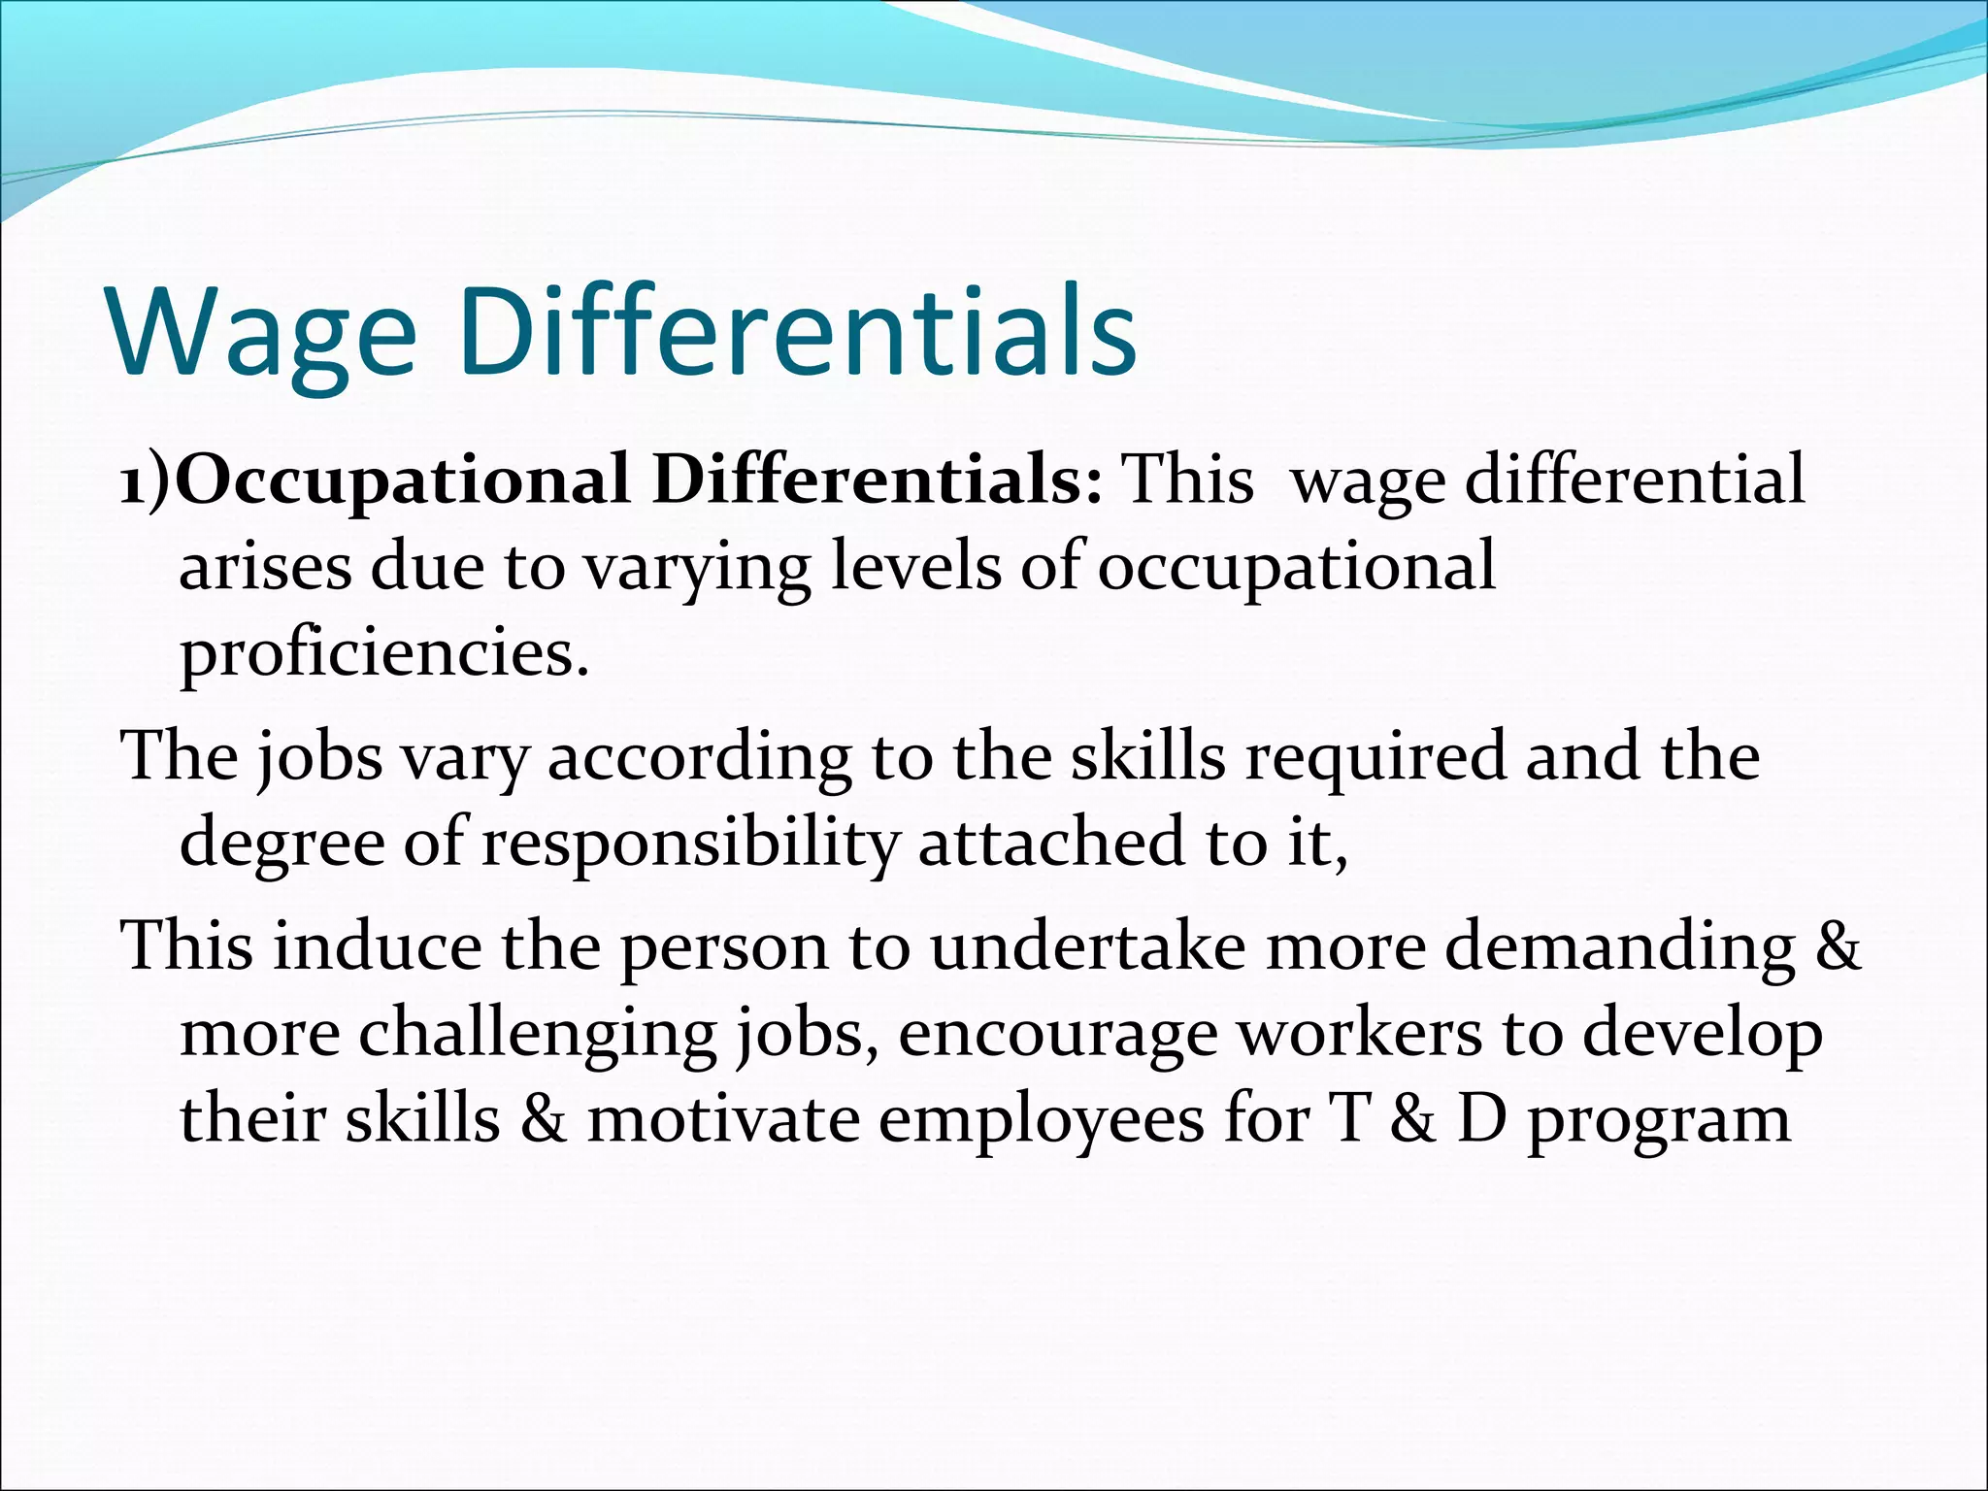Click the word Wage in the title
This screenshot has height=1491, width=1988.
262,333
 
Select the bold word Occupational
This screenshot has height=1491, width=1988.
402,481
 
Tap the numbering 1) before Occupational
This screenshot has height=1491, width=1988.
146,481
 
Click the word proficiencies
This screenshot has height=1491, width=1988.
384,654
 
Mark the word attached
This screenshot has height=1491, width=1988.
1051,842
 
